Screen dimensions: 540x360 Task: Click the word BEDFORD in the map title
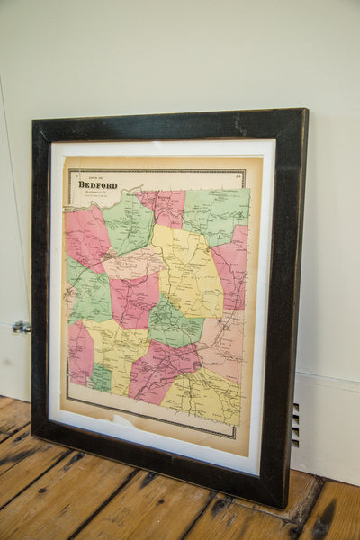[97, 185]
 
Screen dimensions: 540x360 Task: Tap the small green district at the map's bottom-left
[101, 377]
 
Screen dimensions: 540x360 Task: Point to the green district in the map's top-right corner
[217, 212]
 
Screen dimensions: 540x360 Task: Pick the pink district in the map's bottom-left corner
[79, 352]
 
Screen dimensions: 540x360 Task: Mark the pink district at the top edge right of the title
[162, 205]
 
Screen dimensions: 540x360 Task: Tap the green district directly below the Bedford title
[128, 223]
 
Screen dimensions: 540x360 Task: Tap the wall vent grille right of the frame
[295, 424]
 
